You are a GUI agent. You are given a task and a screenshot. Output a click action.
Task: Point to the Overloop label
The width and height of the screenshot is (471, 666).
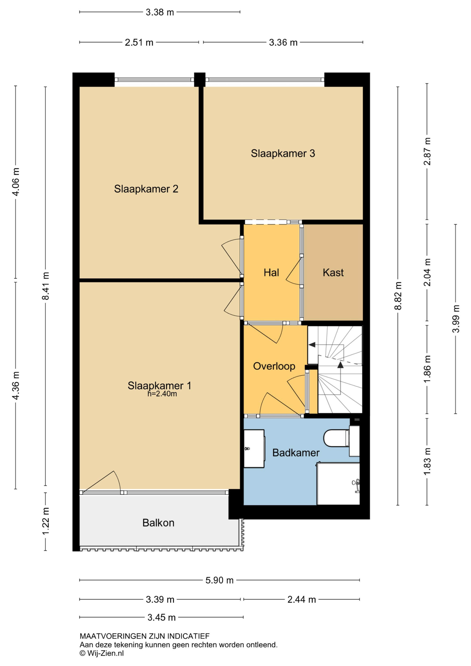pyautogui.click(x=274, y=366)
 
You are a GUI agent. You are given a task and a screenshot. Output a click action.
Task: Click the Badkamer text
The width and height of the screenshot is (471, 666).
pyautogui.click(x=296, y=452)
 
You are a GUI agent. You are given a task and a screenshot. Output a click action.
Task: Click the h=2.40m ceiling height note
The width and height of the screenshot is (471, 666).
pyautogui.click(x=162, y=394)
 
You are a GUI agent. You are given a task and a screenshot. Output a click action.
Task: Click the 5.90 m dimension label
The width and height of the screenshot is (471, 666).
pyautogui.click(x=219, y=580)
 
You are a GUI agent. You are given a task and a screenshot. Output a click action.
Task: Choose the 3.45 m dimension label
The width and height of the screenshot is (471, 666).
pyautogui.click(x=162, y=617)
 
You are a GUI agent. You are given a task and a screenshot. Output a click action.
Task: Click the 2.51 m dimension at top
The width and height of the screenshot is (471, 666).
pyautogui.click(x=139, y=42)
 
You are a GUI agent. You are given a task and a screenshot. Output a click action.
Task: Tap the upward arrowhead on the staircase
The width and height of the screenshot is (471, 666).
pyautogui.click(x=340, y=365)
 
